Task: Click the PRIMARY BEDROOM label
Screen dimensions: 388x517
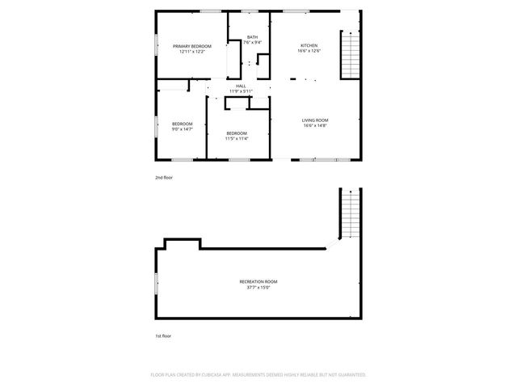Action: tap(191, 46)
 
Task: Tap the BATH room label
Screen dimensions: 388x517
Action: tap(253, 37)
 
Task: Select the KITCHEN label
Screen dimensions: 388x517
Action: tap(309, 45)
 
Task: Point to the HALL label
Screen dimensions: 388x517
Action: tap(241, 86)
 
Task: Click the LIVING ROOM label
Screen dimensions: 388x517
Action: tap(315, 120)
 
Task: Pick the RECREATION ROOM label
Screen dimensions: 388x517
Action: tap(258, 281)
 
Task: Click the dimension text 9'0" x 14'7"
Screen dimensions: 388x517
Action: tap(182, 129)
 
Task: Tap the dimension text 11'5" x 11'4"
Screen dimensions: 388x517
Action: tap(237, 138)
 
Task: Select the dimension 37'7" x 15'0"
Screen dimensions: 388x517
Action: tap(258, 287)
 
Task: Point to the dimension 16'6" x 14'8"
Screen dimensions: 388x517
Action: tap(315, 126)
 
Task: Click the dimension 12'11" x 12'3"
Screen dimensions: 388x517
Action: tap(191, 52)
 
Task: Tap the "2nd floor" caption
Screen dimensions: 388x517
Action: tap(164, 177)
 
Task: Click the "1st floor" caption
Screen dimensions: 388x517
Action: tap(163, 335)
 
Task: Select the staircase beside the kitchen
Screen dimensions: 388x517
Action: tap(351, 55)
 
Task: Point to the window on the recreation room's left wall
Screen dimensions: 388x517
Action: tap(156, 282)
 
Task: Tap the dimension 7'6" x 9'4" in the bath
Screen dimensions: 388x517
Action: tap(253, 43)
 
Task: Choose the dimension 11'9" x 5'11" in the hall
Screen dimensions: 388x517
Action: tap(241, 91)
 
